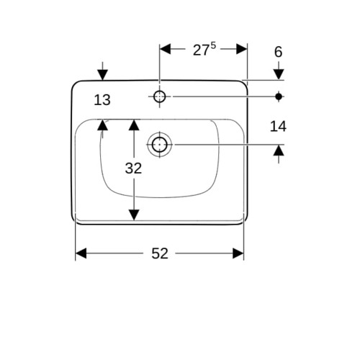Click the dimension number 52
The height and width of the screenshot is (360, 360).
click(160, 253)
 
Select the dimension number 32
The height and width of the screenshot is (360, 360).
click(133, 168)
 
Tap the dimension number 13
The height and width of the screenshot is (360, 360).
click(102, 100)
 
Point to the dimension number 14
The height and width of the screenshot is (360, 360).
click(278, 126)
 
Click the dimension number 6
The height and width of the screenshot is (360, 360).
click(279, 52)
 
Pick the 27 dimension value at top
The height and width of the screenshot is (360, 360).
click(201, 50)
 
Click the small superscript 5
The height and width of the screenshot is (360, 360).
click(213, 45)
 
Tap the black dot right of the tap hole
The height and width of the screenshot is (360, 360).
click(279, 96)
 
